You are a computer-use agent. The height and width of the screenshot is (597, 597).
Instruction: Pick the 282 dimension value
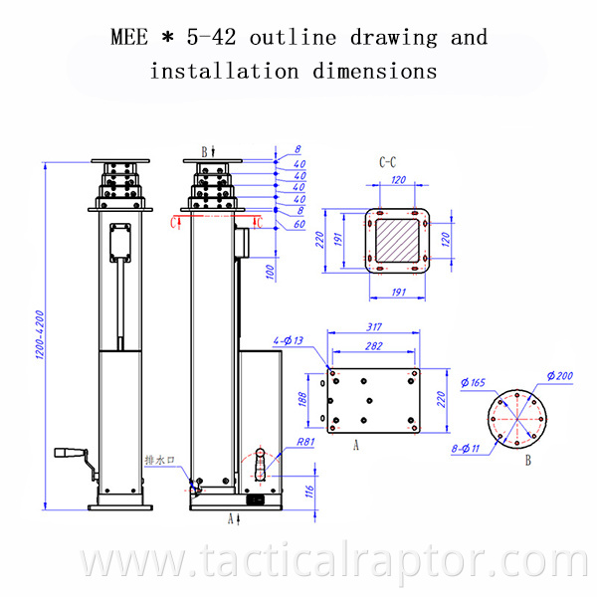click(375, 346)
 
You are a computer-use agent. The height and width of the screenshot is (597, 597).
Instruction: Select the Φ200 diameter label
click(561, 375)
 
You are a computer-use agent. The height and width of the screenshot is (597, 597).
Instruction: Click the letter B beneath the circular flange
click(528, 461)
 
